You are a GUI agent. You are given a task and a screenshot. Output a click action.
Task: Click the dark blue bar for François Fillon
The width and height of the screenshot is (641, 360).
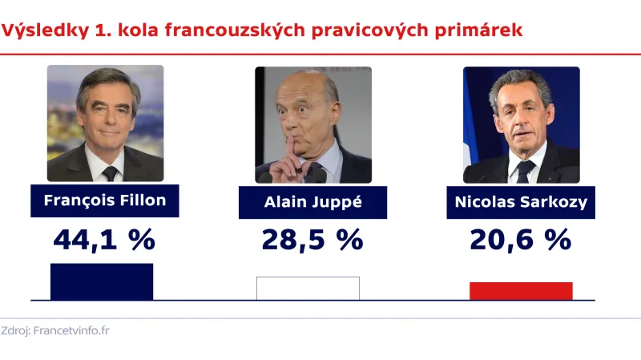[101, 281]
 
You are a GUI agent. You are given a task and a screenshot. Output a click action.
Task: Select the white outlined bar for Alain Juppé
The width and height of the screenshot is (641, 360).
[308, 289]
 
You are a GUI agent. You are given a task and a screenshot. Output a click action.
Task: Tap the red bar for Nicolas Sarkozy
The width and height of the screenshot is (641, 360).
[521, 291]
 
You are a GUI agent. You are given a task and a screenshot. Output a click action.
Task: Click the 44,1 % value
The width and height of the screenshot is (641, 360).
[104, 239]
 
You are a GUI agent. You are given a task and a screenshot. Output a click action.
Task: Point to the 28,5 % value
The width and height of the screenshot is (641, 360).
[312, 239]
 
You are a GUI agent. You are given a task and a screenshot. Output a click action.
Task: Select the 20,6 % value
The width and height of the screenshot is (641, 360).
[521, 239]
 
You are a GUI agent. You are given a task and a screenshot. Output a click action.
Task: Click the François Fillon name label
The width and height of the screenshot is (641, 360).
[104, 200]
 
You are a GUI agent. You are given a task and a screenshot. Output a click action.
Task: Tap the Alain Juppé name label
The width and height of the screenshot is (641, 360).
[312, 202]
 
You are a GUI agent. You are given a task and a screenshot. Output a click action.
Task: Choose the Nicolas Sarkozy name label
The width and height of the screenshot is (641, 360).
[521, 202]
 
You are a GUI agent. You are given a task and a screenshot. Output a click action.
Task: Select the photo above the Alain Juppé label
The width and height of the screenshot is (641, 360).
[313, 124]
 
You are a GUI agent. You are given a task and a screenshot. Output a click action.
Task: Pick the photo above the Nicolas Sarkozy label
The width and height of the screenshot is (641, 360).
[521, 124]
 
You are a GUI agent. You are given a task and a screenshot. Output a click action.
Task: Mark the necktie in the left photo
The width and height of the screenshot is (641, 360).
[111, 172]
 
